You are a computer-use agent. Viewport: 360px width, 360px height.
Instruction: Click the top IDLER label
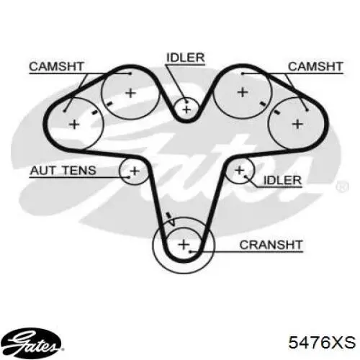tap(186, 58)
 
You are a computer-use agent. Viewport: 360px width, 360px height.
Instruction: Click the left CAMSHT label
tap(57, 66)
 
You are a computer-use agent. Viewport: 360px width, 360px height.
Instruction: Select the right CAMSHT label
tap(315, 66)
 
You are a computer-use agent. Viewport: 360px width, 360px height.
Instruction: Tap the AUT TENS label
tap(63, 171)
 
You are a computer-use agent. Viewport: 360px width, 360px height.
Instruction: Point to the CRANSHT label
tap(271, 245)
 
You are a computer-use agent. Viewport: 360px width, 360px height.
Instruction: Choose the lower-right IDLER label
tap(282, 180)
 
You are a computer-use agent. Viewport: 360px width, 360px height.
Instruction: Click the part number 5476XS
tap(322, 342)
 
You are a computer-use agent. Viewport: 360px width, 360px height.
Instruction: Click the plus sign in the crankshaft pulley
tap(184, 245)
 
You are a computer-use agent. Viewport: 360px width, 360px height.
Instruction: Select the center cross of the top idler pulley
tap(186, 109)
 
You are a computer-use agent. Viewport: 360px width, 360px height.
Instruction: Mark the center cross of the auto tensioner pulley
tap(135, 171)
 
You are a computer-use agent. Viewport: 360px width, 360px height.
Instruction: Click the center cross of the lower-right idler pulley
tap(239, 171)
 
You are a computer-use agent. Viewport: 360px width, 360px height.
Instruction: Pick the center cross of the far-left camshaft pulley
tap(74, 125)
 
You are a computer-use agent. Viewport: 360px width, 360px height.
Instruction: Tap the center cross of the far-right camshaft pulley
tap(297, 125)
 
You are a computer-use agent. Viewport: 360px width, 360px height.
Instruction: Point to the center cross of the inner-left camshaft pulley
tap(131, 93)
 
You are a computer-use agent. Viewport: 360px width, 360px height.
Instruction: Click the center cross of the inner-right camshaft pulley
tap(243, 92)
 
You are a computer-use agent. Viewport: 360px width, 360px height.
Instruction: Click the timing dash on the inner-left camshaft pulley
tap(109, 104)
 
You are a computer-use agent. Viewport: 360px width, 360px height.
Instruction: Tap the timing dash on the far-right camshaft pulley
tap(276, 112)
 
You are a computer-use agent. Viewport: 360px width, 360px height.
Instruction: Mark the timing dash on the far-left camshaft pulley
tap(94, 112)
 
